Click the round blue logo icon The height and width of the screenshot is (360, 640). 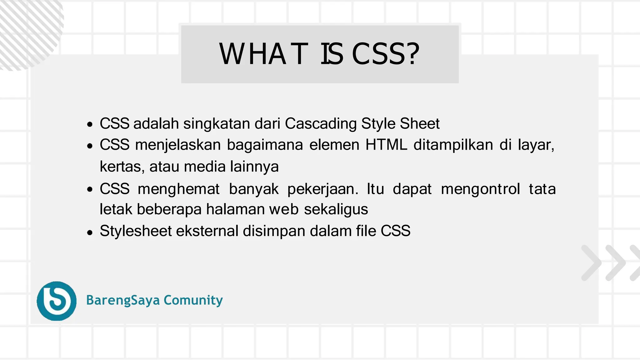(x=57, y=301)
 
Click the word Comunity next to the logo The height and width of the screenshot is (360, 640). (x=193, y=300)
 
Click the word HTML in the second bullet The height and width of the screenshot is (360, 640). (x=386, y=145)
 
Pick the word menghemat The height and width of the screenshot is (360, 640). (x=178, y=189)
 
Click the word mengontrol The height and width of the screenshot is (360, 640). (x=480, y=189)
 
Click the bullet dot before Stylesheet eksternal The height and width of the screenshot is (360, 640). (x=90, y=232)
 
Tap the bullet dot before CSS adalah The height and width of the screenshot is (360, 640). (x=90, y=125)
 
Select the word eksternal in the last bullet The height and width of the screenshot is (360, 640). (x=207, y=231)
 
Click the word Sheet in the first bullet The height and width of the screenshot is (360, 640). (x=420, y=123)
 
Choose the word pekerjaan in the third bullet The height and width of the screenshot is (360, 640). (x=322, y=189)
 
